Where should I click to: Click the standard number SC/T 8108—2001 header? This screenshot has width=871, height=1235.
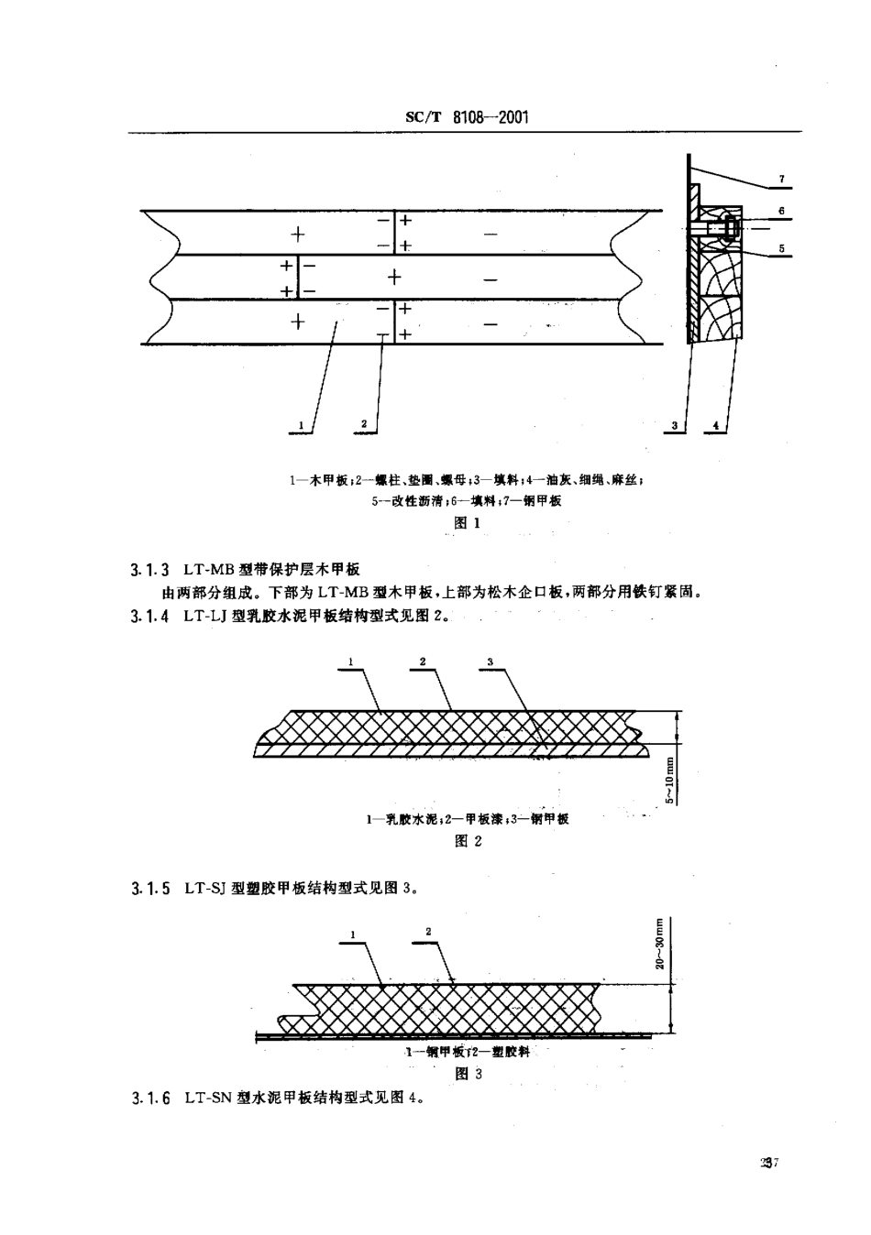tap(467, 118)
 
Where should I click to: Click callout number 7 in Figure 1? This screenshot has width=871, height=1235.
tap(781, 179)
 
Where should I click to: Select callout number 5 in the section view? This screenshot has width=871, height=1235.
tap(781, 247)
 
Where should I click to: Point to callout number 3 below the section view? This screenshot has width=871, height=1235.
tap(674, 425)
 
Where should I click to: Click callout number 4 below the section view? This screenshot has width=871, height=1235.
tap(715, 425)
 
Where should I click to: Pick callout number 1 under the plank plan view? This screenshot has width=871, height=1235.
tap(300, 425)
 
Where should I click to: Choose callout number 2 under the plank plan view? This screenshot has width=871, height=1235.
tap(364, 423)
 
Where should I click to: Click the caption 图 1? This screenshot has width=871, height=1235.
tap(468, 523)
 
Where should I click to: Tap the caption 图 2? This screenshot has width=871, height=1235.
tap(468, 841)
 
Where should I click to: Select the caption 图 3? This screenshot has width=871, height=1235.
tap(468, 1073)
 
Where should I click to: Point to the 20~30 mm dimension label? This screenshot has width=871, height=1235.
tap(660, 943)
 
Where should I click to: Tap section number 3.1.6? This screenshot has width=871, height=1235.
tap(150, 1098)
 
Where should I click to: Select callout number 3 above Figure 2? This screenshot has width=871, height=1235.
tap(491, 661)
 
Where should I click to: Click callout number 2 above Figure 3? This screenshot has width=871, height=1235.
tap(428, 932)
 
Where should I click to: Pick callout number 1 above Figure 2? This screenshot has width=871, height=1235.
tap(351, 661)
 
